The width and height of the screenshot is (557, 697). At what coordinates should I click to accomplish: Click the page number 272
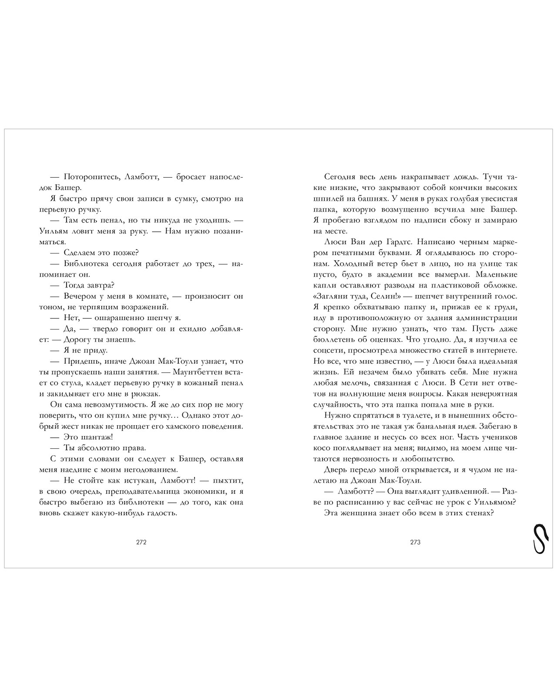(141, 542)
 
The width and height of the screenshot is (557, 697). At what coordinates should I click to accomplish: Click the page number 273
(415, 542)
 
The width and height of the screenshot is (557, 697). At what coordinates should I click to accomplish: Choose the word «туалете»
(400, 415)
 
